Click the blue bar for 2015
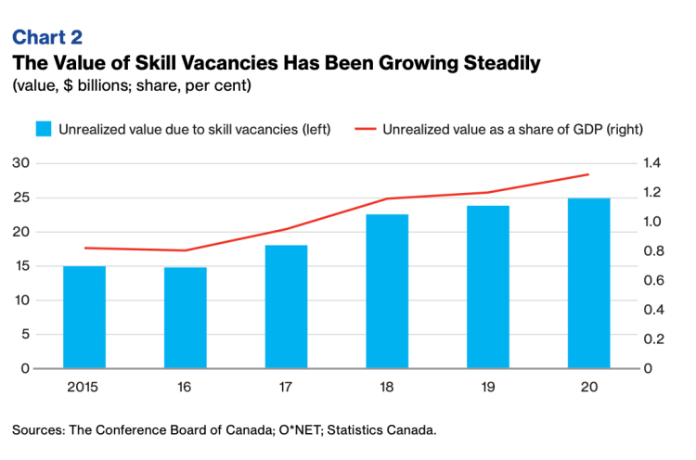tap(84, 317)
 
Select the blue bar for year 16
tap(185, 318)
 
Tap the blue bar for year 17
tap(286, 307)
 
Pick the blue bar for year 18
tap(387, 291)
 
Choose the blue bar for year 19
tap(488, 287)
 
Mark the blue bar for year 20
tap(589, 284)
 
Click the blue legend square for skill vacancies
tap(43, 129)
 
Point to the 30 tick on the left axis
tap(20, 163)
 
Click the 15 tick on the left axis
tap(20, 266)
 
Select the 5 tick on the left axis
tap(24, 335)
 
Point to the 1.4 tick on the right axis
tap(651, 163)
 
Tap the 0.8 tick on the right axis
tap(651, 251)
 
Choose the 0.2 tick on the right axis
tap(651, 339)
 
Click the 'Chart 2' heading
tap(46, 38)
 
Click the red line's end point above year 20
tap(589, 174)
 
